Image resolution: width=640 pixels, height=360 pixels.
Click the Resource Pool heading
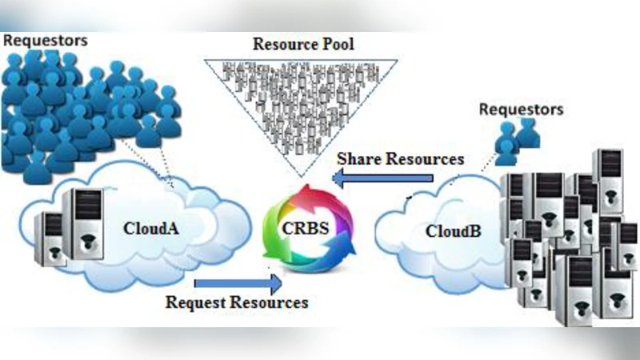click(303, 44)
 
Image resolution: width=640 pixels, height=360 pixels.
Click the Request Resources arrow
click(238, 283)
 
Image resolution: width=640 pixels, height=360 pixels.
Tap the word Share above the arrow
click(357, 158)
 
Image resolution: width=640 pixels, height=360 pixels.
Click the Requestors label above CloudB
click(521, 108)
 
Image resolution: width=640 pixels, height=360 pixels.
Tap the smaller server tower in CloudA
click(49, 238)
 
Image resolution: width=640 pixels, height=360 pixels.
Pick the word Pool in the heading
click(337, 44)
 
